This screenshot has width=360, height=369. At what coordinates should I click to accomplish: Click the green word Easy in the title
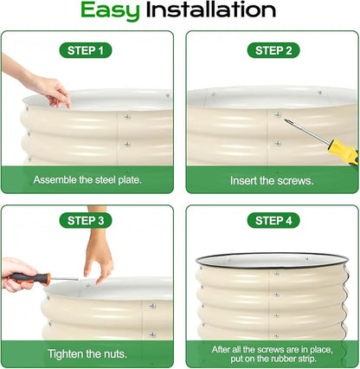click(110, 11)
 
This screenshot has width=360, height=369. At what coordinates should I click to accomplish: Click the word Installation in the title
click(211, 10)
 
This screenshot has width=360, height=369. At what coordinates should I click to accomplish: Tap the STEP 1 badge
click(86, 50)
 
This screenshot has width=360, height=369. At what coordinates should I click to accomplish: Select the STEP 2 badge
click(273, 50)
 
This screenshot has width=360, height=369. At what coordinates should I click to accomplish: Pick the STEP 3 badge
click(86, 221)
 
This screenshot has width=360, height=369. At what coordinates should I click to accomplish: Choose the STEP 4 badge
click(273, 221)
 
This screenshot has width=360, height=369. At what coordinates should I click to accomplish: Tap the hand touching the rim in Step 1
click(52, 90)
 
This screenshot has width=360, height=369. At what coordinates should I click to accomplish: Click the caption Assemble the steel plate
click(87, 180)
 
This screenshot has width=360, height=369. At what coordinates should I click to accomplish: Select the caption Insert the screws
click(272, 181)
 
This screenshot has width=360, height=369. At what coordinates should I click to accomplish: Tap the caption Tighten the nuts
click(87, 354)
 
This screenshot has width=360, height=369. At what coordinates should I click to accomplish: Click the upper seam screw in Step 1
click(127, 117)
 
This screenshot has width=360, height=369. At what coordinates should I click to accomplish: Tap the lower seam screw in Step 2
click(278, 143)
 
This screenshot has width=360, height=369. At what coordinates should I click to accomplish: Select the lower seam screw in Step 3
click(152, 335)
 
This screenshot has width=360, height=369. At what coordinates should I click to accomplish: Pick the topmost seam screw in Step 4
click(277, 273)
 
